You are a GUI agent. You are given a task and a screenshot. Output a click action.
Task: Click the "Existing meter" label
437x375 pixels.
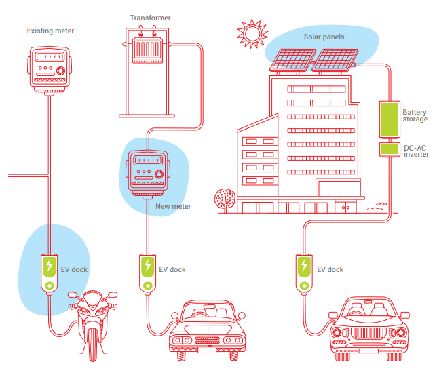[50, 31]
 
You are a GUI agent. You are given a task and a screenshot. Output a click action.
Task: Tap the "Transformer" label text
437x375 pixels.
[150, 18]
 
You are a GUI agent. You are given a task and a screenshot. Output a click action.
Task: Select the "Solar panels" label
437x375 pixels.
[324, 36]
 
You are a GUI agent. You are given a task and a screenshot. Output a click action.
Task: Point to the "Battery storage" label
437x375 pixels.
[415, 115]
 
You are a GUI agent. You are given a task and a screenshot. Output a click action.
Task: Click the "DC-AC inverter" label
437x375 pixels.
[416, 151]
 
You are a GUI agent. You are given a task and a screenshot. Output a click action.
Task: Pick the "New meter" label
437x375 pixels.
[173, 206]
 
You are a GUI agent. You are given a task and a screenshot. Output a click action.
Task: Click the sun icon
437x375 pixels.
[252, 31]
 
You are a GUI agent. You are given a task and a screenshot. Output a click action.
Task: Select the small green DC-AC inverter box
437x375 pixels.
[389, 149]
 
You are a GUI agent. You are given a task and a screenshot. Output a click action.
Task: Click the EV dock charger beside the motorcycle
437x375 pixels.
[49, 273]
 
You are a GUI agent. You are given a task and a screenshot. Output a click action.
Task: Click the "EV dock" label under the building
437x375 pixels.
[330, 269]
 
